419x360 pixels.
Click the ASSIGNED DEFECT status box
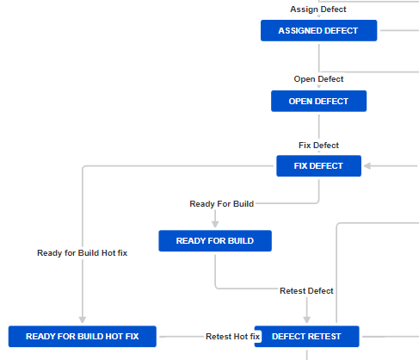click(x=319, y=31)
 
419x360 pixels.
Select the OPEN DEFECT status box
click(x=318, y=102)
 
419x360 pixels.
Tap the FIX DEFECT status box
click(x=318, y=166)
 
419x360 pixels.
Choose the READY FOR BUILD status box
click(x=214, y=241)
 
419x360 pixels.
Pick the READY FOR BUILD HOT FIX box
click(x=82, y=337)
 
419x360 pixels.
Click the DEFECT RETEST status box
click(x=306, y=337)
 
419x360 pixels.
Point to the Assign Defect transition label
click(x=318, y=9)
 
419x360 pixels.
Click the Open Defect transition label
click(x=318, y=79)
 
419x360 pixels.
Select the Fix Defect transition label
click(x=318, y=145)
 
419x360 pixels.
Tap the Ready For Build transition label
click(x=221, y=203)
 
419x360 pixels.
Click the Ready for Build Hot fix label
click(x=82, y=253)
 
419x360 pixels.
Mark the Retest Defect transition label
click(x=306, y=291)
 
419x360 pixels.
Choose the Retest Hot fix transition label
click(x=232, y=337)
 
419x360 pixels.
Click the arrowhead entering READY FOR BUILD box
click(x=215, y=226)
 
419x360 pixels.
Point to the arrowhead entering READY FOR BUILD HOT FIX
click(x=82, y=321)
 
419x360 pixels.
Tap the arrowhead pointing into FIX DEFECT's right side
click(x=366, y=166)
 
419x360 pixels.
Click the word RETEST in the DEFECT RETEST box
click(x=323, y=337)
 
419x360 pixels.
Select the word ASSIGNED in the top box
click(x=300, y=31)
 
